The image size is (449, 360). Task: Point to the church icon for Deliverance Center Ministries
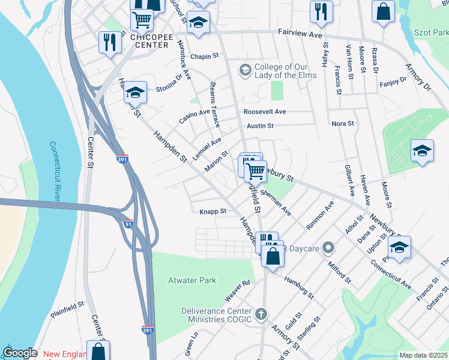[261, 314]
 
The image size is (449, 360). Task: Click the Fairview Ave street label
[300, 35]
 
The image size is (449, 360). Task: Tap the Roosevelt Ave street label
[264, 112]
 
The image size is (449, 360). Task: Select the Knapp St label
[212, 211]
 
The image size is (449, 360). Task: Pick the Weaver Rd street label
[237, 290]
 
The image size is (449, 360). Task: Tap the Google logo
[20, 353]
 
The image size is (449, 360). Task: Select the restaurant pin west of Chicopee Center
[109, 43]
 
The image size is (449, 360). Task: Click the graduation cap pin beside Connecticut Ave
[400, 246]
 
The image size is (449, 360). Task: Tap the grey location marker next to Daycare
[328, 247]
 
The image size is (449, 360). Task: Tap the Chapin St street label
[203, 56]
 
